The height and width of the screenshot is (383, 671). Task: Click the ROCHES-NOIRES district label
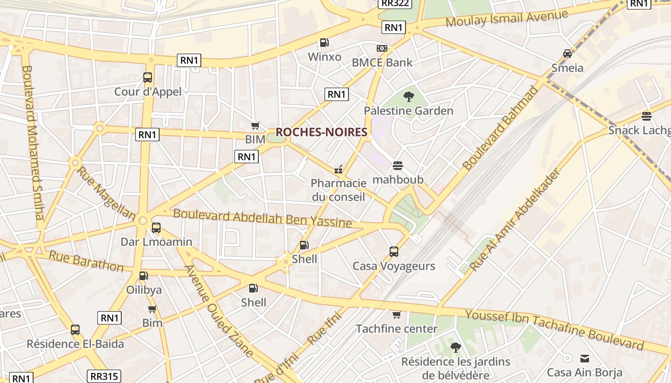[322, 132]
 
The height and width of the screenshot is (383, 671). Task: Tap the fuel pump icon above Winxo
[324, 43]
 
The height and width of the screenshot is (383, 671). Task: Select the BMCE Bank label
[382, 62]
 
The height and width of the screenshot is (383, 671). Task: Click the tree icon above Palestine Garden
[408, 97]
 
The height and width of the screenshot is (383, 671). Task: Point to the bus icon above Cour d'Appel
[148, 78]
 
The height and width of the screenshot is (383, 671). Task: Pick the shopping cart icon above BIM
[255, 125]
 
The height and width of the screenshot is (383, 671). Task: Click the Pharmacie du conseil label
[338, 190]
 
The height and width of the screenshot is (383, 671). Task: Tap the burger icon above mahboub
[398, 166]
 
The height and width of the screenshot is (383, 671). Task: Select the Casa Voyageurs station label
[393, 266]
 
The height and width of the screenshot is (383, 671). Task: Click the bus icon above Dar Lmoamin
[156, 228]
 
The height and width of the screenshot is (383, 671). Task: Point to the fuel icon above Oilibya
[143, 276]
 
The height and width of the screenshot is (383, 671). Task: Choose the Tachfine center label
[396, 328]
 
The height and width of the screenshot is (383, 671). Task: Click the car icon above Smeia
[567, 54]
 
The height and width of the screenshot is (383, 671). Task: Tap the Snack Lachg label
[639, 130]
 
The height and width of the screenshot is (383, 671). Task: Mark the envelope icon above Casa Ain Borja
[585, 358]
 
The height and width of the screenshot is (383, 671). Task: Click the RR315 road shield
[104, 376]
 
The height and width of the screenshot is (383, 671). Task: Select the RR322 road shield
[394, 4]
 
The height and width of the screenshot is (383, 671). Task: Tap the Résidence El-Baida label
[75, 344]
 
